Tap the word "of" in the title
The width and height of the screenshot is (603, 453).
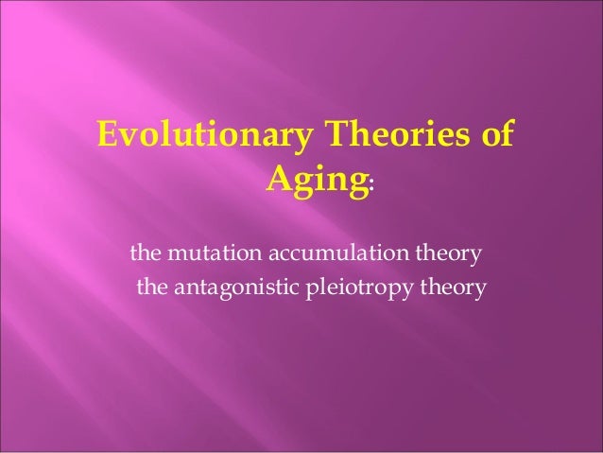[x=496, y=135]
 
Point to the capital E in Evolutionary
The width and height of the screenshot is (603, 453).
[x=107, y=135]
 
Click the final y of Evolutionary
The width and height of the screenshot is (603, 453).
[x=302, y=139]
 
